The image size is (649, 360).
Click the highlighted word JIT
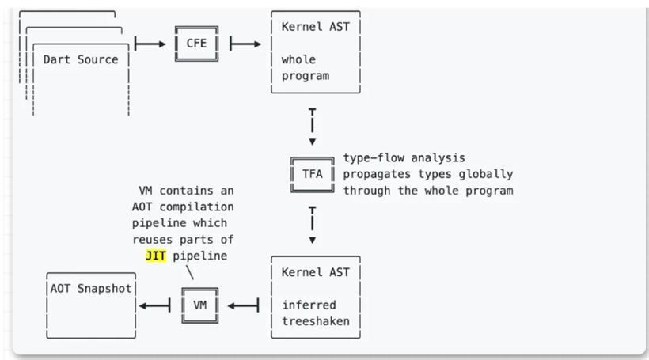156,256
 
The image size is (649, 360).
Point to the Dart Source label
81,59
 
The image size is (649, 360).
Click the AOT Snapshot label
91,289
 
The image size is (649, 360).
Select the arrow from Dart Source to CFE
150,44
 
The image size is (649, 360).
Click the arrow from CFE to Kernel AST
245,44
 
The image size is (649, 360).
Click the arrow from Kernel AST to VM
244,305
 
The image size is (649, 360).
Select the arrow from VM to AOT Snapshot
154,305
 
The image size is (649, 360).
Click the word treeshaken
316,321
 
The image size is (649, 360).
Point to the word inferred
309,305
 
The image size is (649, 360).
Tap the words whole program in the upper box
306,68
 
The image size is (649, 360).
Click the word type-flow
374,157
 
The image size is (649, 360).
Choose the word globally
486,174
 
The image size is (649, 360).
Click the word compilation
196,207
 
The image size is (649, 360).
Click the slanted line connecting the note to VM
190,272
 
